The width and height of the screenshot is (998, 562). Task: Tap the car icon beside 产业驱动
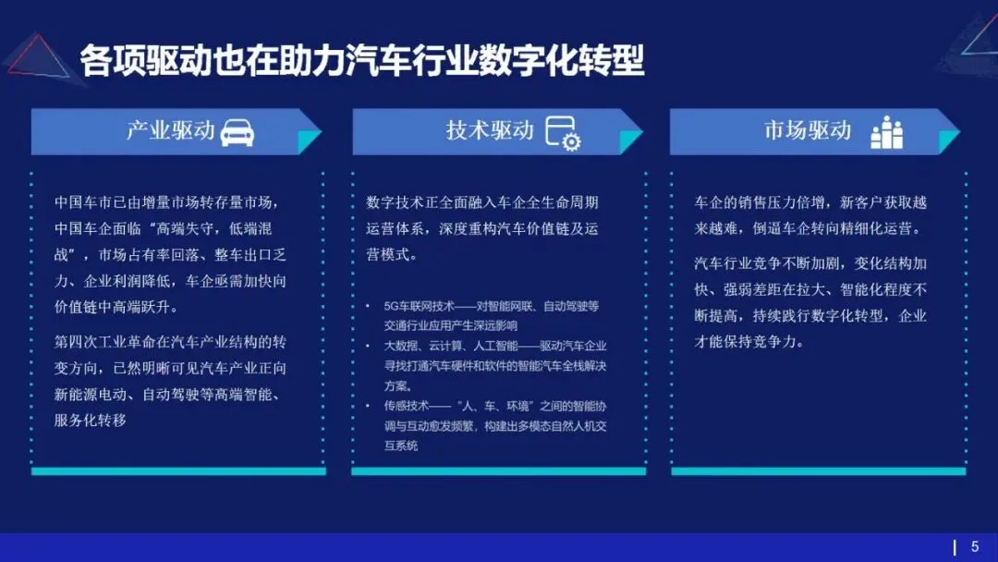click(x=237, y=132)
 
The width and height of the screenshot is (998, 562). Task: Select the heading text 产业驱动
click(x=170, y=131)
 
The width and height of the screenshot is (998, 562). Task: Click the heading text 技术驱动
click(x=490, y=131)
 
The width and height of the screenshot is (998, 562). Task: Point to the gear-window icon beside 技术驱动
click(x=562, y=133)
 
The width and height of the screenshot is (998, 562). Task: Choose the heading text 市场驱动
click(x=807, y=131)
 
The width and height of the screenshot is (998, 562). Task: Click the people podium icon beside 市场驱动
click(x=886, y=133)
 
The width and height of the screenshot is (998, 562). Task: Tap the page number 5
click(x=974, y=546)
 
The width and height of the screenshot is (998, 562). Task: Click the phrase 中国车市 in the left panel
click(x=84, y=202)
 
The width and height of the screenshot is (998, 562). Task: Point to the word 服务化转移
click(x=91, y=421)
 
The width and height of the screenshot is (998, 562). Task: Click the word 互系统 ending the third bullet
click(x=401, y=446)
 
